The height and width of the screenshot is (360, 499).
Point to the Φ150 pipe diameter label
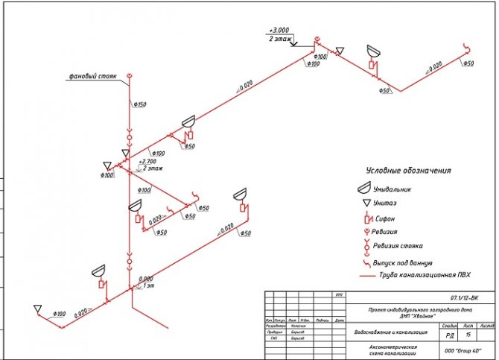(x=139, y=104)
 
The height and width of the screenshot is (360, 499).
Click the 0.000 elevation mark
(x=145, y=279)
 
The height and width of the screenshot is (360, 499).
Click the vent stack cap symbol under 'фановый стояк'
(x=129, y=76)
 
